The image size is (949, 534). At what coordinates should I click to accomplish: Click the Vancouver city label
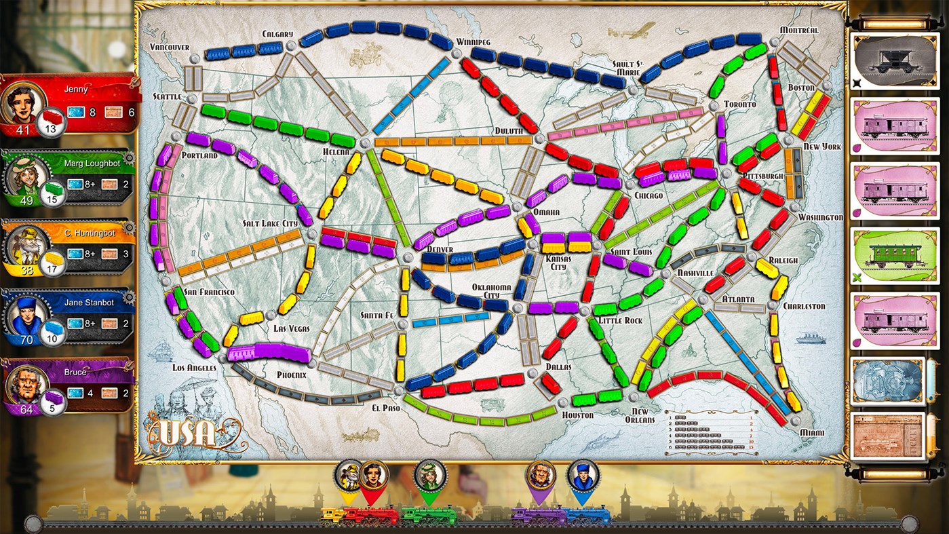(169, 47)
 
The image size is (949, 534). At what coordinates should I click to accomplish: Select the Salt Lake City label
(270, 223)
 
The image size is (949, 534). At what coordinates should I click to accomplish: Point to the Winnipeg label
(473, 41)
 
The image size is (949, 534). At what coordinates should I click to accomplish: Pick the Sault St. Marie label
(626, 67)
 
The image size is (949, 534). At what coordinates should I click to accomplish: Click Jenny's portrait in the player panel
(22, 102)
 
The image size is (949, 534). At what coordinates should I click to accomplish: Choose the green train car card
(887, 256)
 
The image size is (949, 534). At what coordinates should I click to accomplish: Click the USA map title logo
(189, 434)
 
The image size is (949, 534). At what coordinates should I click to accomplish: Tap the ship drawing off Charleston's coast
(811, 338)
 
